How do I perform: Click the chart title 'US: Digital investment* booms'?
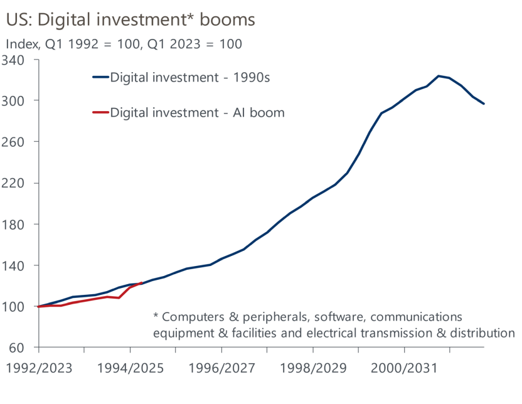130,19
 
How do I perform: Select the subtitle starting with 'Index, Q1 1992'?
124,45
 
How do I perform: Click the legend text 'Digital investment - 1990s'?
193,77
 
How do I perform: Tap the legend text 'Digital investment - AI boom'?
197,113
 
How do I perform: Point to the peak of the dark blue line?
439,76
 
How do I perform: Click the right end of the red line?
141,284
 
